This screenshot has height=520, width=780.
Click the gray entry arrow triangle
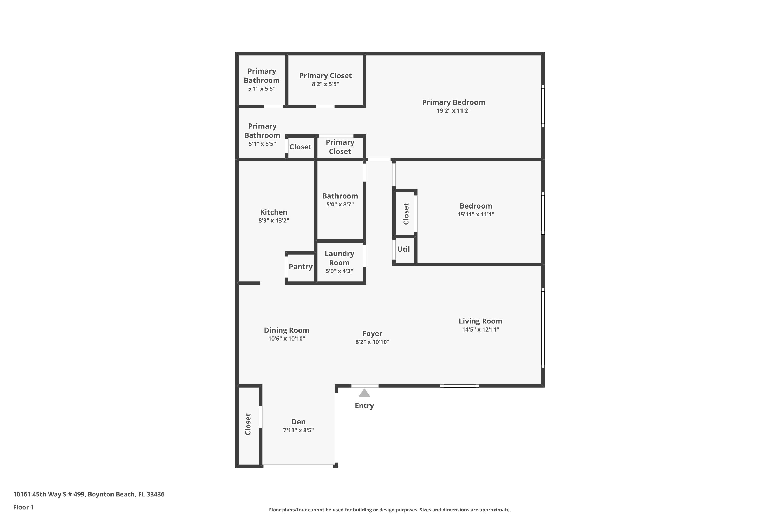tap(364, 393)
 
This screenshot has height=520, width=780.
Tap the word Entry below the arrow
tap(364, 406)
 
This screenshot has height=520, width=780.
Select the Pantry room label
tap(301, 267)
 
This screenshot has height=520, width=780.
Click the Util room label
tap(403, 249)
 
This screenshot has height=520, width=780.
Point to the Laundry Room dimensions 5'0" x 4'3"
tap(339, 271)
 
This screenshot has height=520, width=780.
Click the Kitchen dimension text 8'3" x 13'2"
tap(274, 220)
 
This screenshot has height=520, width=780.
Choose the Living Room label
tap(480, 321)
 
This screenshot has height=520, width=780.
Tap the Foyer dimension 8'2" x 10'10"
tap(372, 342)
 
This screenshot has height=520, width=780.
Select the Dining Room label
tap(287, 330)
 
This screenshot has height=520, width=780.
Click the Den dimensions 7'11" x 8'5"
tap(298, 430)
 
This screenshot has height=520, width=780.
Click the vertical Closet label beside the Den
tap(248, 424)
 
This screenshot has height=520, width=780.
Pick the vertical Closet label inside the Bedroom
tap(406, 214)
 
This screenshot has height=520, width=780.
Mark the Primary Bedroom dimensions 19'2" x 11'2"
tap(453, 111)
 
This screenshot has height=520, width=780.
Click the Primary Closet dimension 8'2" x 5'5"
tap(325, 84)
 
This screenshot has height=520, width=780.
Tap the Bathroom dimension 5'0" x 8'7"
tap(340, 205)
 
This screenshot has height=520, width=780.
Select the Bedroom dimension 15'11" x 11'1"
tap(476, 214)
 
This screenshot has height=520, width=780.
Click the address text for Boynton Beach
tap(89, 494)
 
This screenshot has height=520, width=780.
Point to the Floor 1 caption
tap(23, 507)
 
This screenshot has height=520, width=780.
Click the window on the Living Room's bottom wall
tap(459, 386)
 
